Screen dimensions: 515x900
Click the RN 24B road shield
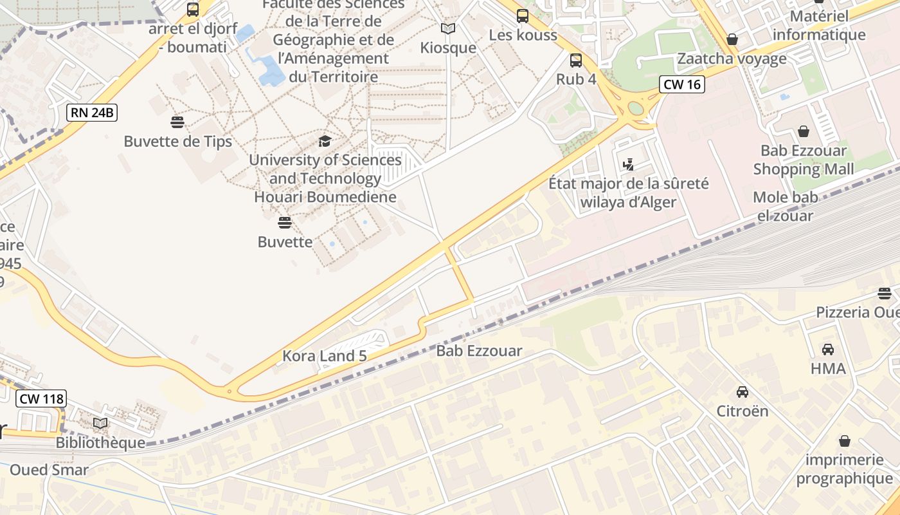point(92,113)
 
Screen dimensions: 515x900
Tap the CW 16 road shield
point(682,84)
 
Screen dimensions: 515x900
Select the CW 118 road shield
point(42,398)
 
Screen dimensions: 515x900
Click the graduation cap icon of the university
point(325,141)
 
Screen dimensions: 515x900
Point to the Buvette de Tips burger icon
point(177,122)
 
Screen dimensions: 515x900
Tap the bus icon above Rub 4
point(576,61)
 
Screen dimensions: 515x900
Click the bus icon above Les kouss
point(523,16)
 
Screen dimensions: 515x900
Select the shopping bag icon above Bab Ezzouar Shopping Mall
point(804,132)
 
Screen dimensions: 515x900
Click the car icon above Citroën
point(742,391)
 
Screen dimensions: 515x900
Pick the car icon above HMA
point(828,350)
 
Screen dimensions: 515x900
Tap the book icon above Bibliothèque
point(100,424)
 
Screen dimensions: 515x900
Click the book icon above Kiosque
point(448,29)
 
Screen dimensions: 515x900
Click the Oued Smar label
point(49,470)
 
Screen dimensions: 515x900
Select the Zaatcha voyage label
point(732,59)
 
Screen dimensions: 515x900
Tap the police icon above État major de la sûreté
point(629,164)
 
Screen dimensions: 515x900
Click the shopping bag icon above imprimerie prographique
point(845,441)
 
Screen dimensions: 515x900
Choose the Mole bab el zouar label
point(792,206)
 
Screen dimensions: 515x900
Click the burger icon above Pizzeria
point(885,294)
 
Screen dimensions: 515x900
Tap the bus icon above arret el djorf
point(193,10)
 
